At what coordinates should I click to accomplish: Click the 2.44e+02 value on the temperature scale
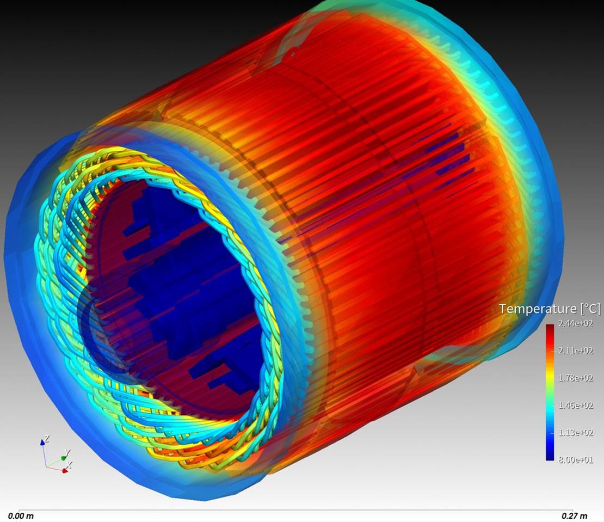point(576,322)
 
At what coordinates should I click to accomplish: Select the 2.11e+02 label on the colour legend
point(576,350)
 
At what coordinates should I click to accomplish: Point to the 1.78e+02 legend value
point(576,378)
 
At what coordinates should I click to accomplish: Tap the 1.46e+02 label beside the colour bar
point(576,405)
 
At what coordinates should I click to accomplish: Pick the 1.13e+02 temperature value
point(576,432)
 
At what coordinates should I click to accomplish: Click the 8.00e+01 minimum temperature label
point(576,459)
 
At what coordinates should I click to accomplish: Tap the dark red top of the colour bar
point(550,329)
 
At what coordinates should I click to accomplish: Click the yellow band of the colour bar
point(550,376)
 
